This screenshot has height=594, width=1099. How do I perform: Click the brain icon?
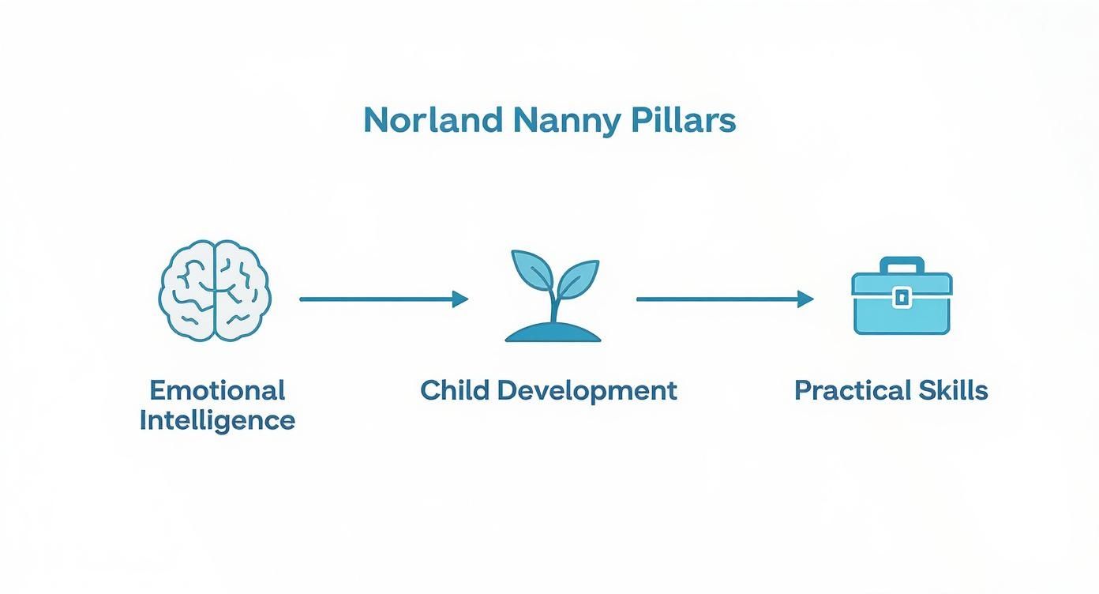pos(216,291)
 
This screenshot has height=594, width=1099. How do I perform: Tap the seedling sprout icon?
pos(553,296)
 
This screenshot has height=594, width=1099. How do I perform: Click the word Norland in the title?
pos(433,120)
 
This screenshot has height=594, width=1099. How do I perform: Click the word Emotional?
pos(217,390)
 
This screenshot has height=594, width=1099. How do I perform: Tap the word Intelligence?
pos(217,419)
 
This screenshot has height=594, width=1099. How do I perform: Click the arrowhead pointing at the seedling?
pos(460,299)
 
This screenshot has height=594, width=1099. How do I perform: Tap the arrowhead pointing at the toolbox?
pos(805,299)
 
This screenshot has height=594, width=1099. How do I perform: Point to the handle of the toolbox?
pos(902,264)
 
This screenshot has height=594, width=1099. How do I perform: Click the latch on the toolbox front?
pos(902,297)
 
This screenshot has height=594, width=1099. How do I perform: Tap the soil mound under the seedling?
pos(553,333)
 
